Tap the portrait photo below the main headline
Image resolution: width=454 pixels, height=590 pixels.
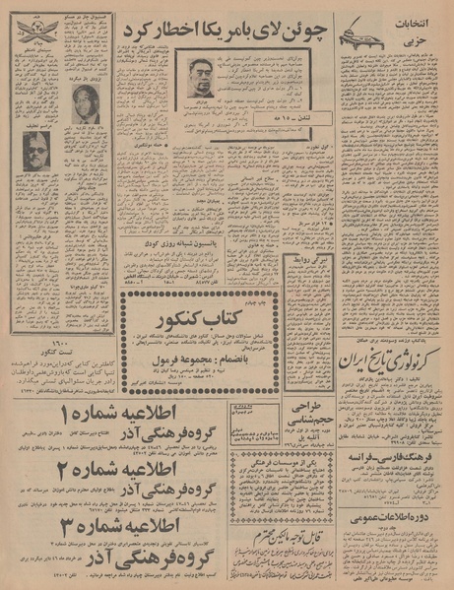(205, 76)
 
